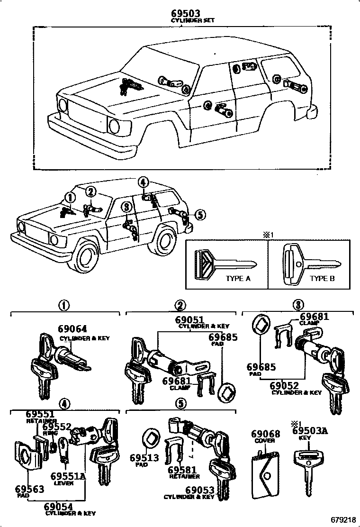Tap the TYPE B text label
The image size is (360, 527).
322,278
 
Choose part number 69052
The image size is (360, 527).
287,386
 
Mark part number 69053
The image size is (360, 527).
199,490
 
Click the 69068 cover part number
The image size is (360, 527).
265,434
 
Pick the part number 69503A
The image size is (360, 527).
310,431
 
